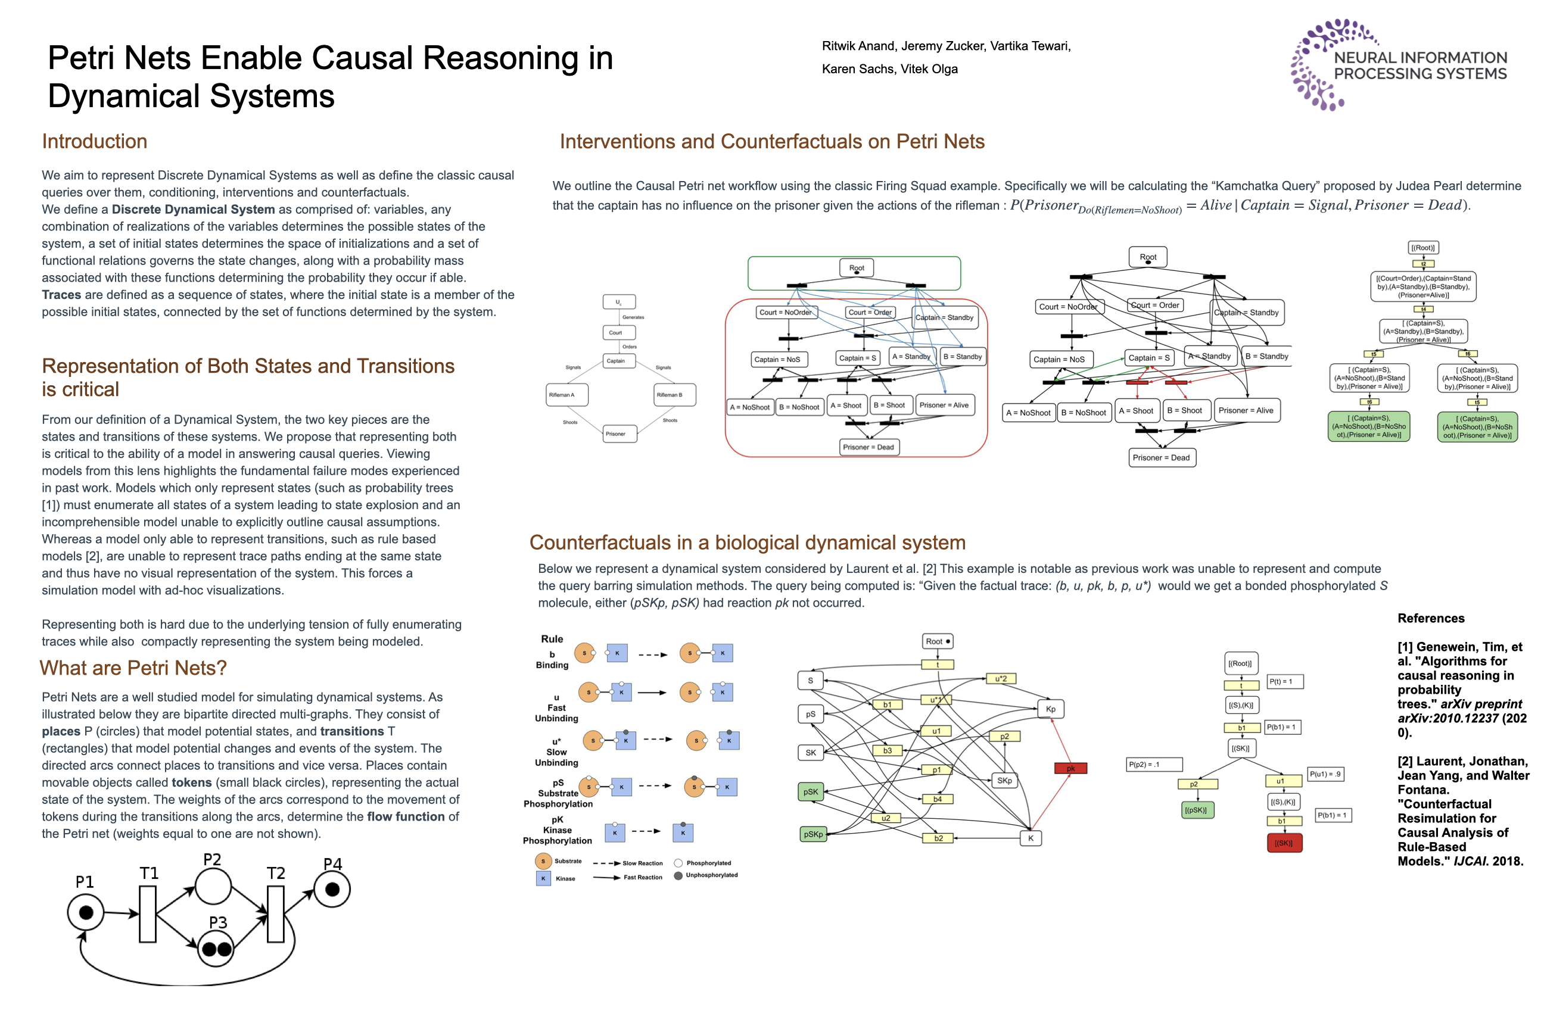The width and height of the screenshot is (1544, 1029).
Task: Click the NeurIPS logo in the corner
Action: [1398, 64]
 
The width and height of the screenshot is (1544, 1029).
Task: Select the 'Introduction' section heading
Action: [95, 141]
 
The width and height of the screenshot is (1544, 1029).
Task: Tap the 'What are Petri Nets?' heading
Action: [133, 668]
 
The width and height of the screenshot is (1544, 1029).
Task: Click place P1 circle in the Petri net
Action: [85, 912]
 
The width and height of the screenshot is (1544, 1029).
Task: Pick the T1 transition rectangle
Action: [148, 913]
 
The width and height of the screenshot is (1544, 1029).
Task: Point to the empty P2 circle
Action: [213, 887]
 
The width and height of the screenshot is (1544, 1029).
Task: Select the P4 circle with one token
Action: [332, 889]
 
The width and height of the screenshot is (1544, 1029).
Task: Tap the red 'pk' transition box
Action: [1070, 768]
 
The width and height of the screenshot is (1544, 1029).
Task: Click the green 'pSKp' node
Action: [813, 834]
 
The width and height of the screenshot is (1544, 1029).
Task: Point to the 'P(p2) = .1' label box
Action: [1154, 764]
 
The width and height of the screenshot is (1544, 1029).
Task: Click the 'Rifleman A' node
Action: [566, 394]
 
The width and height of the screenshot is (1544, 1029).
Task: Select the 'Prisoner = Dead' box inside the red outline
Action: [868, 447]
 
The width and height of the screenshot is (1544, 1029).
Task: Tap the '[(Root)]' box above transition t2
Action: [1422, 247]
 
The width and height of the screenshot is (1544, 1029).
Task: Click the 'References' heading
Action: [1430, 618]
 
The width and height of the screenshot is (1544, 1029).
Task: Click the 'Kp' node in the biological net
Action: [1050, 709]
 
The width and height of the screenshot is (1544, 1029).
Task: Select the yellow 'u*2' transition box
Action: [1001, 679]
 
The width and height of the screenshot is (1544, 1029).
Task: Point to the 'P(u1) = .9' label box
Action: [1325, 774]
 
